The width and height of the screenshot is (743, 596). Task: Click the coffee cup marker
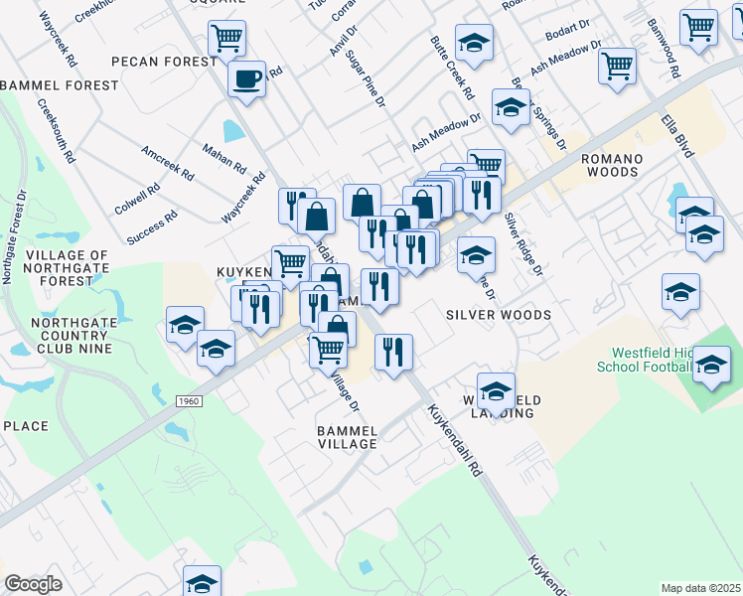(246, 77)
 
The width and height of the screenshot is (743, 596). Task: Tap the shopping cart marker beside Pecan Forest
(227, 39)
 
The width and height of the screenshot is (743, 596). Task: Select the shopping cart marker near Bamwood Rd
(699, 27)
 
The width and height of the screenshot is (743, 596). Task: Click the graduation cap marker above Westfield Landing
(496, 389)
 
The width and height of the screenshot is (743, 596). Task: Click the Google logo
(33, 584)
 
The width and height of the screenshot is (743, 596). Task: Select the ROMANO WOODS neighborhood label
(610, 165)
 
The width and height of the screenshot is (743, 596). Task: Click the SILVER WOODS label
(499, 315)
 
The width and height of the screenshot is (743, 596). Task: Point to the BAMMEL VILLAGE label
(347, 437)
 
